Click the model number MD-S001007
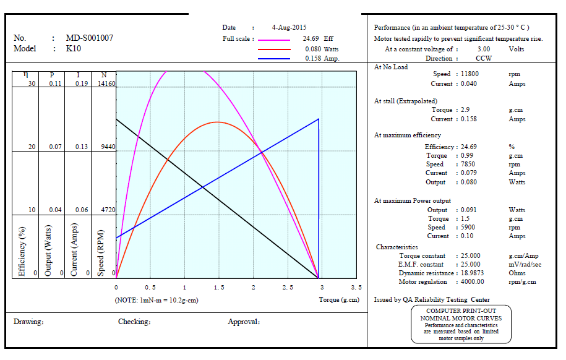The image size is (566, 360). [90, 38]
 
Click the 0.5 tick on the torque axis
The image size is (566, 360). [150, 288]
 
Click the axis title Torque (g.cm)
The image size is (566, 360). [338, 299]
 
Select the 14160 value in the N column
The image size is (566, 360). [106, 84]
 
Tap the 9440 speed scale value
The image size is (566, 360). [108, 147]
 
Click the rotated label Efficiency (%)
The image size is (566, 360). [23, 251]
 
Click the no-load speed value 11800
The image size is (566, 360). [470, 74]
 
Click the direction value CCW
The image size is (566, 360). [484, 58]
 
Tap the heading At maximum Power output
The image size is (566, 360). [413, 200]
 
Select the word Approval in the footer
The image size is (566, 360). [243, 322]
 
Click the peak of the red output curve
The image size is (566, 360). [217, 122]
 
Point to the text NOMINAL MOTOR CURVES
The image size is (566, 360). [461, 318]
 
